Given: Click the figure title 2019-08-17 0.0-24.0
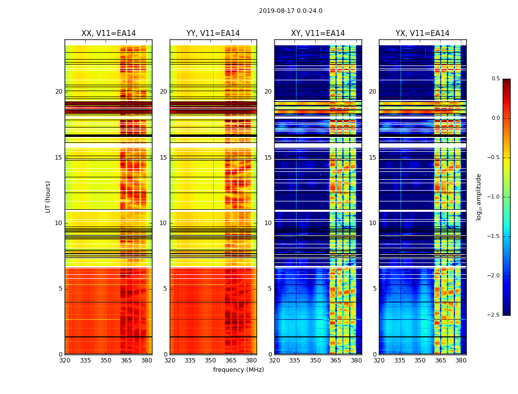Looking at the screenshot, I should (x=291, y=11).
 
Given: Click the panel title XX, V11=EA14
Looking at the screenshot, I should (x=109, y=33).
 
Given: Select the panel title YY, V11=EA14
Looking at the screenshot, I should (x=213, y=33).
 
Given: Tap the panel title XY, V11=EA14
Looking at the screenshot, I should (x=318, y=33).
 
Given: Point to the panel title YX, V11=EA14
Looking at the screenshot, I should (x=422, y=33).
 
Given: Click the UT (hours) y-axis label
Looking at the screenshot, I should (x=48, y=197).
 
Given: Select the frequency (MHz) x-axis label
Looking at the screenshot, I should (x=238, y=370).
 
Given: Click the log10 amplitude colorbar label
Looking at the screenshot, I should (x=479, y=197).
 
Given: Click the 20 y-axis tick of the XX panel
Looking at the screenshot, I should (x=59, y=92).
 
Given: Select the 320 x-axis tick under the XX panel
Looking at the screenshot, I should (x=65, y=361).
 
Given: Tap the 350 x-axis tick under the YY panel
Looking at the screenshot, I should (x=211, y=361).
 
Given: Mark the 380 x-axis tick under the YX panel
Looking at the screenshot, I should (x=461, y=361).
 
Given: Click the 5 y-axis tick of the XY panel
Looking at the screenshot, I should (x=270, y=289).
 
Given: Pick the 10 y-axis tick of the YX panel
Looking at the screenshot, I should (x=373, y=223).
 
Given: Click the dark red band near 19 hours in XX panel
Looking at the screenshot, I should (x=108, y=107).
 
